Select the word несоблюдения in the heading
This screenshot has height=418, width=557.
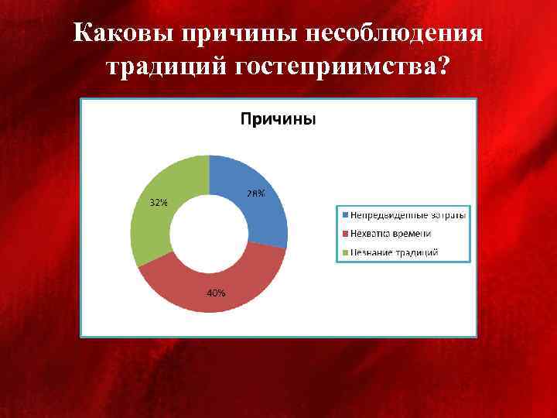[x=395, y=35]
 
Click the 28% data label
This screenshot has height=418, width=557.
[x=255, y=194]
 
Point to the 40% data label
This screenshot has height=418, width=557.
[x=216, y=293]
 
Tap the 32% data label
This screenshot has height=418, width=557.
[x=158, y=203]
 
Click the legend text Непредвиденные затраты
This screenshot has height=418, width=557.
[x=408, y=214]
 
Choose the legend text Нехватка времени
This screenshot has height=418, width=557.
[x=391, y=233]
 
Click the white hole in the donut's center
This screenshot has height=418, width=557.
[x=209, y=234]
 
